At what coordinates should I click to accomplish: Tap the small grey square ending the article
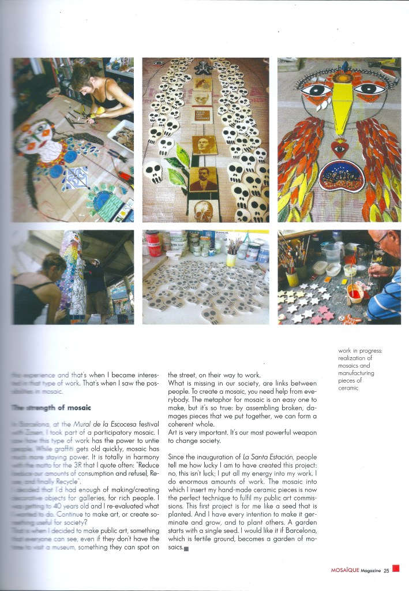[x=186, y=548]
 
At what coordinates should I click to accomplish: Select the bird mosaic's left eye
[x=313, y=89]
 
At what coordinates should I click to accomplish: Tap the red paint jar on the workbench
[x=154, y=245]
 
